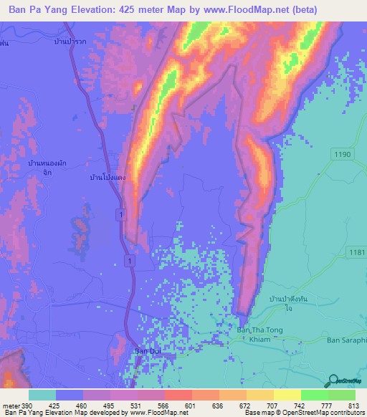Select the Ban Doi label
pyautogui.click(x=148, y=352)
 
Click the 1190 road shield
pyautogui.click(x=340, y=153)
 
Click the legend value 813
pyautogui.click(x=355, y=405)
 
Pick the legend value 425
pyautogui.click(x=55, y=405)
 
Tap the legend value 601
pyautogui.click(x=191, y=405)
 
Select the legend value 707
pyautogui.click(x=273, y=405)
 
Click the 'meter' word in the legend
pyautogui.click(x=10, y=405)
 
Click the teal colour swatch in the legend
pyautogui.click(x=42, y=395)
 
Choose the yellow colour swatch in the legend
pyautogui.click(x=287, y=395)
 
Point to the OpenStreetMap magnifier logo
pyautogui.click(x=334, y=382)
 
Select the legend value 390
pyautogui.click(x=27, y=405)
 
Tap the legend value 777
pyautogui.click(x=328, y=405)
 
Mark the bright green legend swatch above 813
pyautogui.click(x=342, y=395)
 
